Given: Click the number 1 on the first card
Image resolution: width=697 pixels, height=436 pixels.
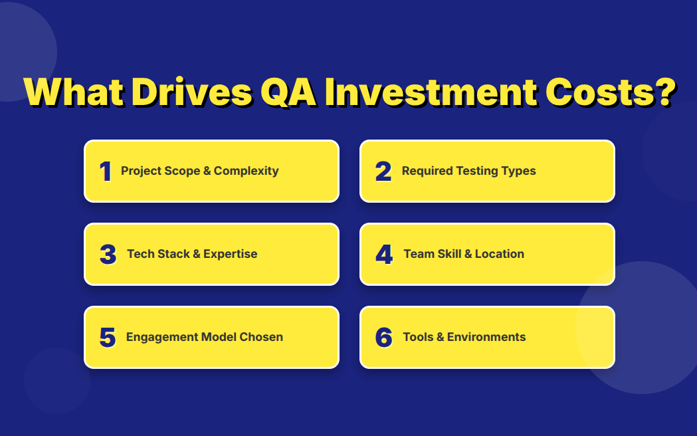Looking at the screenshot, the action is (106, 171).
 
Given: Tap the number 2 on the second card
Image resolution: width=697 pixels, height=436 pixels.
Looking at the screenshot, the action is (383, 171).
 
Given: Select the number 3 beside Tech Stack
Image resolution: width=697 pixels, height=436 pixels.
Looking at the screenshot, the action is (108, 255).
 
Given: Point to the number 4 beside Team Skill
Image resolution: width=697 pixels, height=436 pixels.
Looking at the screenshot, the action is (385, 255).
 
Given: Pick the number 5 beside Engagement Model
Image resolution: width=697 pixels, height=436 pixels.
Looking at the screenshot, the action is (108, 338).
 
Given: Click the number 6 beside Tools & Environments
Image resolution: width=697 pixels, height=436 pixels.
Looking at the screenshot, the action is (384, 338).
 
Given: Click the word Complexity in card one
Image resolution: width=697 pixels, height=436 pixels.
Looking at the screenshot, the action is (247, 171).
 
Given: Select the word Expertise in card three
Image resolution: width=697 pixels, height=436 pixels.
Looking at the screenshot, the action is (231, 254).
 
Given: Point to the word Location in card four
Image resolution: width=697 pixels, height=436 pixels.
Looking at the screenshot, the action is (500, 254).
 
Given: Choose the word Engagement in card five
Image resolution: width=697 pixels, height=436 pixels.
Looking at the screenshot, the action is (162, 338).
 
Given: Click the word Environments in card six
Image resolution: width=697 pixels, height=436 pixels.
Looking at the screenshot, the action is (486, 337).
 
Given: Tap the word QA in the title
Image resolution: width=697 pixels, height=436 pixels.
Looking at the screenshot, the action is (288, 92).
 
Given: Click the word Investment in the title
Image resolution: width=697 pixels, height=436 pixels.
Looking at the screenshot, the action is (431, 92).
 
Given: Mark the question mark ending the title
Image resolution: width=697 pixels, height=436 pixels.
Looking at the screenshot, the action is (666, 92).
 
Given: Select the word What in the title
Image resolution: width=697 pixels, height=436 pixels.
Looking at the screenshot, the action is (73, 92).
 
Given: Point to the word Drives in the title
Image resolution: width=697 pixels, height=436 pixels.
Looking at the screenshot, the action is (192, 92).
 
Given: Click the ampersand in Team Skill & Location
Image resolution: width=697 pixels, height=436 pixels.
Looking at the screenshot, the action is (468, 254).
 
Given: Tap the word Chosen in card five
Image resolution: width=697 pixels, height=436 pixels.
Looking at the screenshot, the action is (261, 337).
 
